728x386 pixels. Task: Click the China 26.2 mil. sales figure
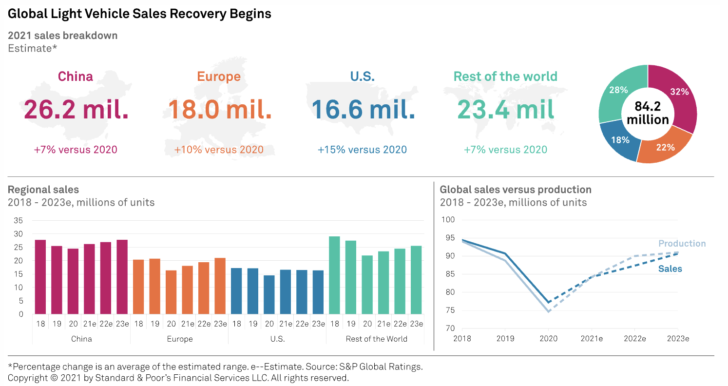coord(77,109)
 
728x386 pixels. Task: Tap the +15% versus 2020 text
coord(362,150)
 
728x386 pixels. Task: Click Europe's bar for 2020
coord(171,292)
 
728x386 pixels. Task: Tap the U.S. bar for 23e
coord(318,292)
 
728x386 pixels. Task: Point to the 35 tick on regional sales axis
coord(18,220)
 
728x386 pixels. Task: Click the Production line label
coord(682,244)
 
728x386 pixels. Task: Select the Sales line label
coord(670,269)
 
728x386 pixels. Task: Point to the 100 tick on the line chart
coord(448,220)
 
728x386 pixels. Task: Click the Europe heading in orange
coord(219,77)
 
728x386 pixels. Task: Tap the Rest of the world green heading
coord(505,77)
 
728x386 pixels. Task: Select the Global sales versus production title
coord(516,190)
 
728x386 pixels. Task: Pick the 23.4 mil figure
coord(505,109)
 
